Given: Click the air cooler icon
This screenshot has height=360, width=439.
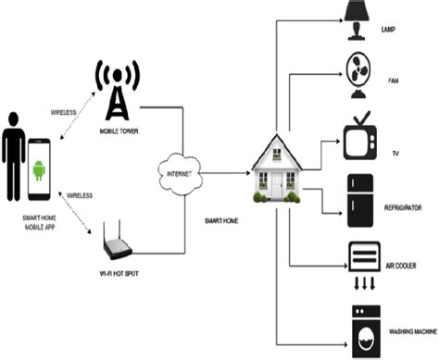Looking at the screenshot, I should click(x=362, y=259).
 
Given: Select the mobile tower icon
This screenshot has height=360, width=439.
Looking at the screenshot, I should click(x=115, y=92).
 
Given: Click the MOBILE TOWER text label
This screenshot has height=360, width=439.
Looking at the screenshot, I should click(x=116, y=132).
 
